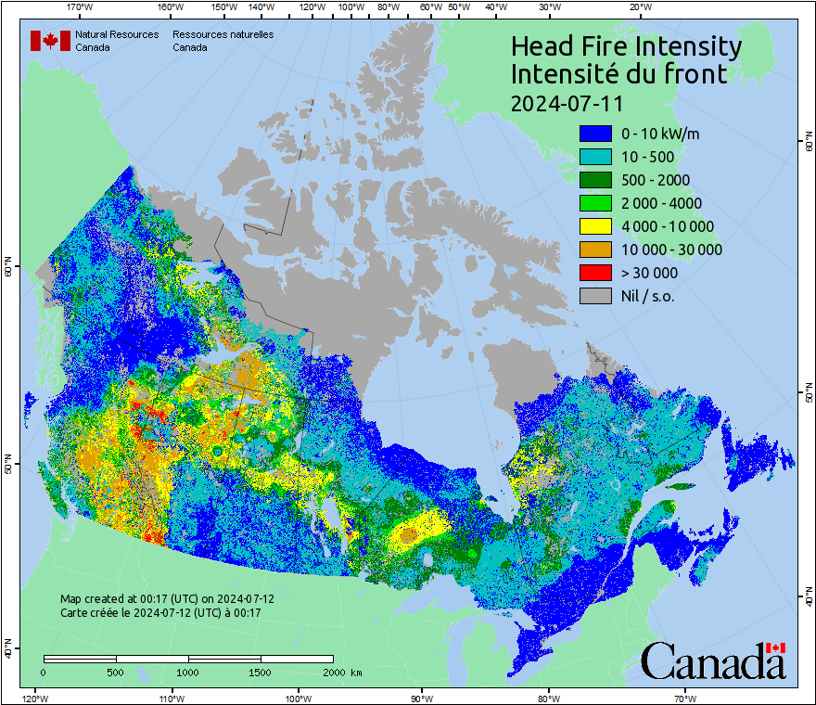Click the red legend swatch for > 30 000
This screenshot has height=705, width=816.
tap(595, 273)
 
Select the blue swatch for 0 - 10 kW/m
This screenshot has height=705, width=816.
tap(595, 134)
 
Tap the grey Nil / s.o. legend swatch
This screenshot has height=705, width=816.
tap(595, 296)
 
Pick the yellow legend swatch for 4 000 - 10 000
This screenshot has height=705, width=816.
tap(595, 226)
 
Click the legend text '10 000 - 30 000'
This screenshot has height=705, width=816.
tap(671, 250)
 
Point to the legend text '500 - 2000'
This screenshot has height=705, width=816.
tap(656, 180)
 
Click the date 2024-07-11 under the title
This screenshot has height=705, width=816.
tap(567, 101)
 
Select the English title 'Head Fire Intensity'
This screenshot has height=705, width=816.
tap(626, 46)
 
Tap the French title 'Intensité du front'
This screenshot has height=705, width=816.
tap(619, 73)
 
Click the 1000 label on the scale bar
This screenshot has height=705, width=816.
tap(188, 673)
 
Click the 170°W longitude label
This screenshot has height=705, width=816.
tap(81, 7)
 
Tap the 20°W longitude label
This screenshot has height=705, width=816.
tap(639, 7)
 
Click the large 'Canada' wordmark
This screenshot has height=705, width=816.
tap(712, 663)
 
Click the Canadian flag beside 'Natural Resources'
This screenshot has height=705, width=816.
tap(50, 41)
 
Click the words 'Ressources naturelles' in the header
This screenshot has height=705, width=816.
tap(223, 34)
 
